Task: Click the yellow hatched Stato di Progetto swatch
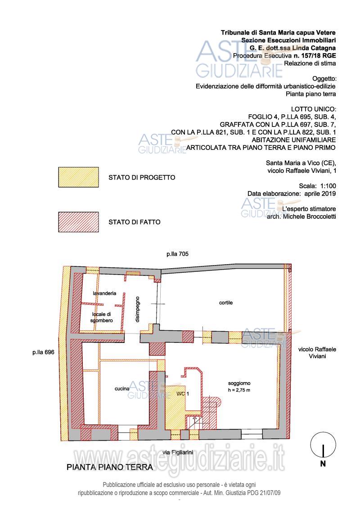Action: click(79, 177)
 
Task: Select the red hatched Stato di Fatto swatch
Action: click(79, 222)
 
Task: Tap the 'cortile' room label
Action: click(226, 302)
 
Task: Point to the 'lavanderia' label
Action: click(104, 293)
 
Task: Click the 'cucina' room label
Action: click(122, 388)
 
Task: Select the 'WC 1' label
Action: click(182, 394)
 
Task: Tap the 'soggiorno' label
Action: click(239, 383)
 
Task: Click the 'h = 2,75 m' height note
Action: click(239, 390)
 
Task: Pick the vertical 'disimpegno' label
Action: click(137, 309)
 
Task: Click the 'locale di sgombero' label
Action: click(102, 317)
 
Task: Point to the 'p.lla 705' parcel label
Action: click(178, 254)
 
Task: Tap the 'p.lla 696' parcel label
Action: click(43, 352)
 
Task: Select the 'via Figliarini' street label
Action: click(178, 452)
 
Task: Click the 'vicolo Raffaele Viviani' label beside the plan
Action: click(317, 353)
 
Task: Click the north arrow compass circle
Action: click(323, 445)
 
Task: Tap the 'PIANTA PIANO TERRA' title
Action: click(110, 467)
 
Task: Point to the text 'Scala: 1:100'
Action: click(318, 186)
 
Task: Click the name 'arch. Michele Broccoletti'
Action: click(301, 216)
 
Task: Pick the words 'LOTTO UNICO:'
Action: click(313, 109)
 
